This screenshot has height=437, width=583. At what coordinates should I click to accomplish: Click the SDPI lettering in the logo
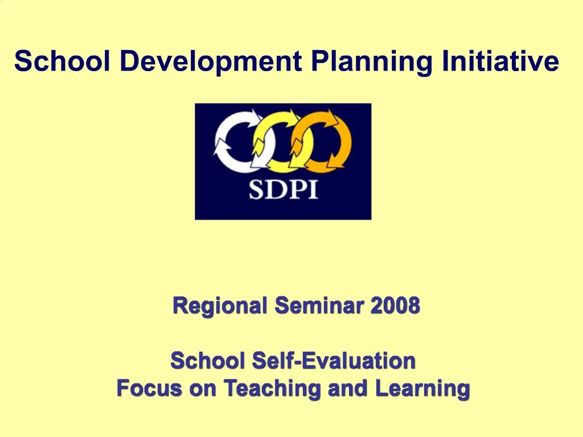(x=283, y=188)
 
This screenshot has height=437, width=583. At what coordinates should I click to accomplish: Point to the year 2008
(x=395, y=306)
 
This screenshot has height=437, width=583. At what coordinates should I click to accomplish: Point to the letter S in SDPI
(x=257, y=189)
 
